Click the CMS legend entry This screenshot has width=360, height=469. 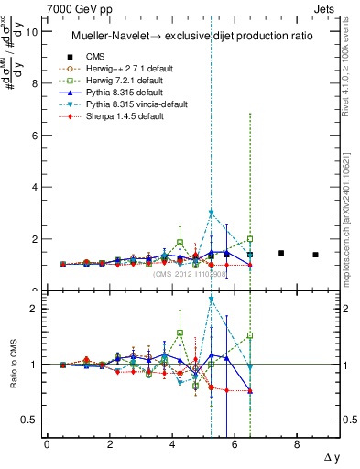point(109,58)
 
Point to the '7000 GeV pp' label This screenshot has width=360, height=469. point(75,7)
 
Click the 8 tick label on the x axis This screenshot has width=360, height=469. point(297,445)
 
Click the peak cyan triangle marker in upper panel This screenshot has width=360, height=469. point(212,213)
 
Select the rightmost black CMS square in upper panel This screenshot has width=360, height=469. point(315,255)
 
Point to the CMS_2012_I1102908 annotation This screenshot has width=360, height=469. point(190,274)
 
